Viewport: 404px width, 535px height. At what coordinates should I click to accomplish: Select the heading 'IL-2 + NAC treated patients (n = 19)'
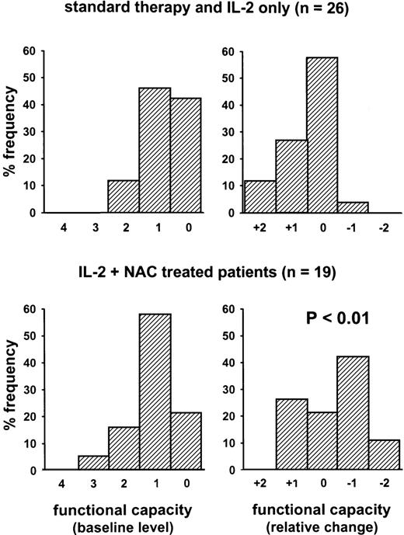pyautogui.click(x=201, y=273)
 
